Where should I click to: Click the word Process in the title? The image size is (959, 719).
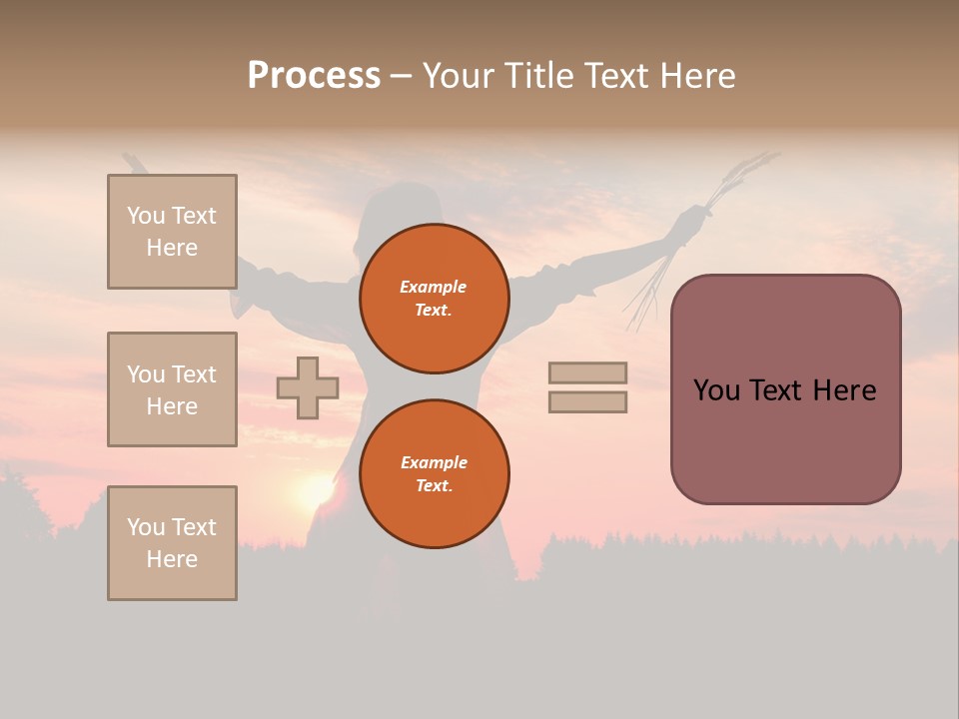pos(314,76)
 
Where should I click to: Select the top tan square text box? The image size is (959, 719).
pos(172,232)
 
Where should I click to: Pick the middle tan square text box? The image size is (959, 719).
pos(172,389)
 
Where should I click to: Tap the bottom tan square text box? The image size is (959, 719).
pos(172,543)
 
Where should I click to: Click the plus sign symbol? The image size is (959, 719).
pos(308,387)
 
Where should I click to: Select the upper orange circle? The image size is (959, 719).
pos(435,299)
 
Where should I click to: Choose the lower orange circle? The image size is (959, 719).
pos(435,474)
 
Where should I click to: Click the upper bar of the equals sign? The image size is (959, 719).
pos(587,372)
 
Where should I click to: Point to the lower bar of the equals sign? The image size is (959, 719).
pos(587,401)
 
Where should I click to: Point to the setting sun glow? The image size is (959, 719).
pos(316,489)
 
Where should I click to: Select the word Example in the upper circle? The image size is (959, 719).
pos(434,288)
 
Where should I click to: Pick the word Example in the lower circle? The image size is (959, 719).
pos(434,463)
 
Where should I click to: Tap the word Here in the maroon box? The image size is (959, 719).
pos(844,390)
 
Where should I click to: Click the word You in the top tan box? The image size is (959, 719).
pos(145,216)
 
